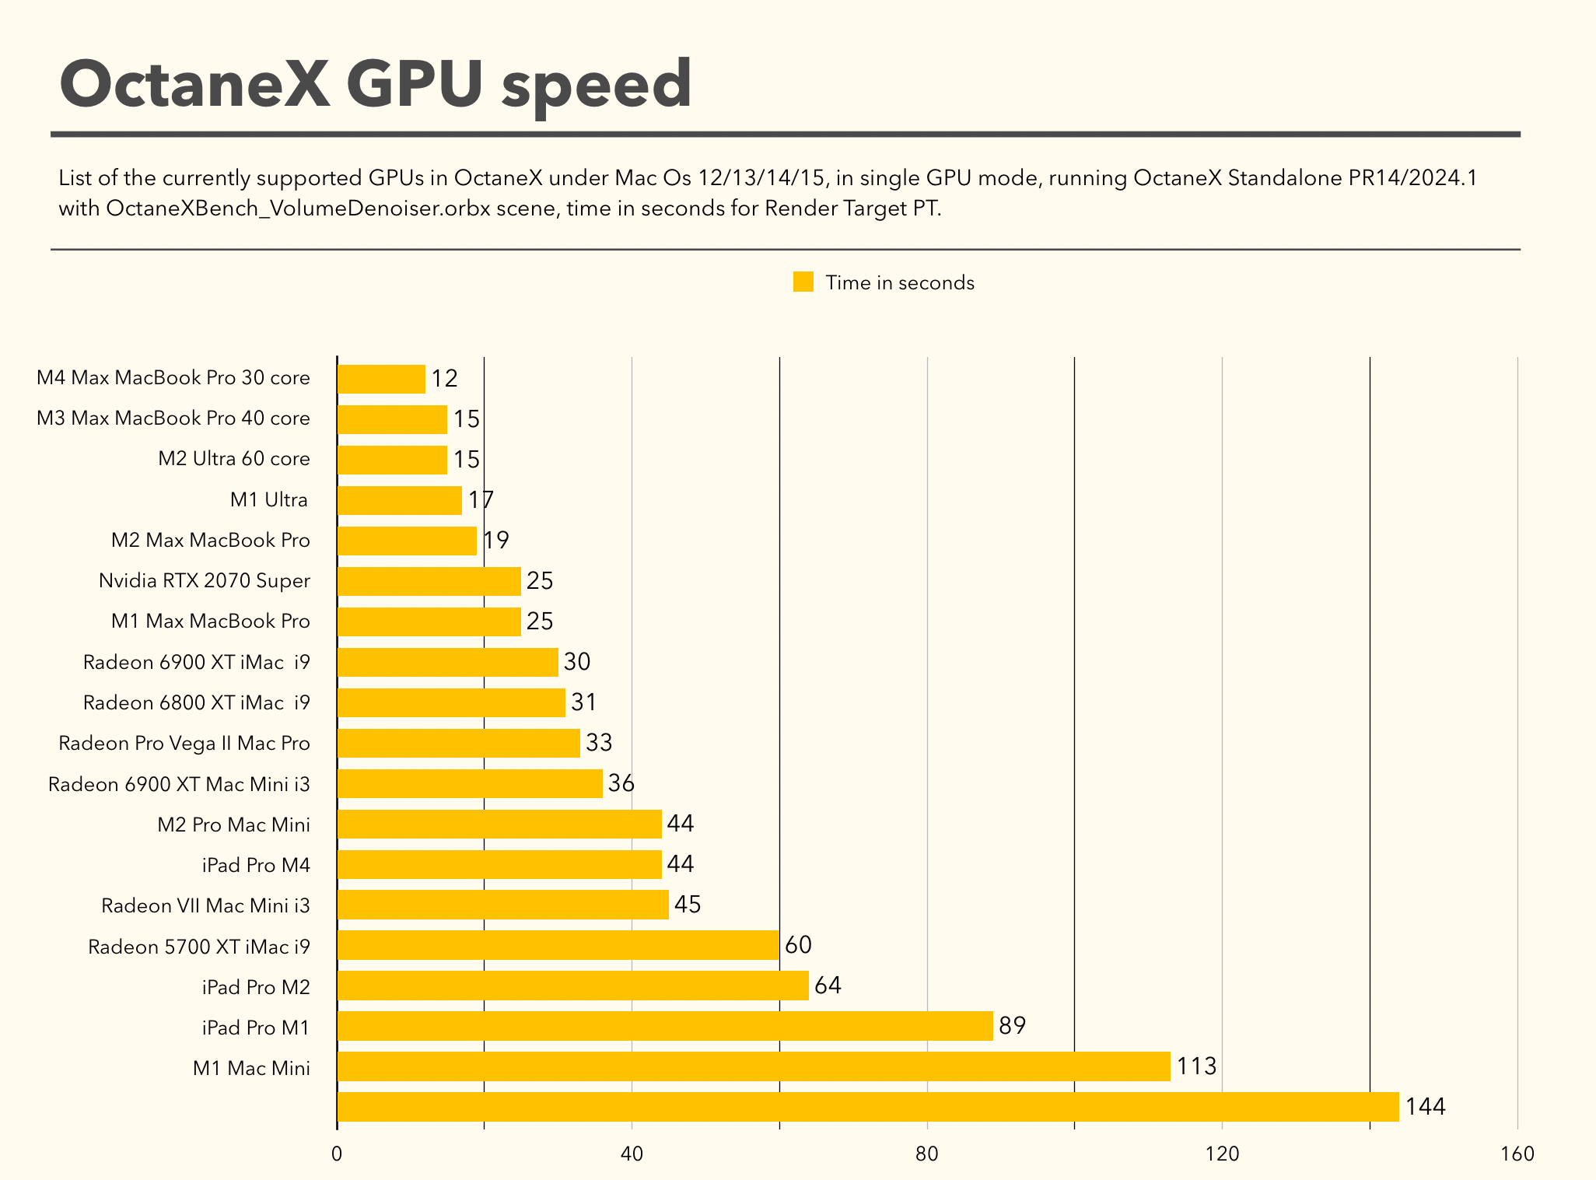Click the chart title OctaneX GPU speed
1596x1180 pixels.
click(x=376, y=84)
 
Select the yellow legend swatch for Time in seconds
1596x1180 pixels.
click(x=803, y=282)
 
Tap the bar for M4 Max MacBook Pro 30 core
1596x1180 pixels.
click(x=381, y=379)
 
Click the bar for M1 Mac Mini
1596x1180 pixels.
click(x=753, y=1066)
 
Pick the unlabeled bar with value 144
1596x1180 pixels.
click(x=867, y=1107)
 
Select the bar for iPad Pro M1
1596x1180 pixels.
click(x=665, y=1026)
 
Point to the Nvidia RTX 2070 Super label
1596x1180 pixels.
click(x=205, y=581)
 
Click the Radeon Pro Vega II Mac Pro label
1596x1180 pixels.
click(x=184, y=744)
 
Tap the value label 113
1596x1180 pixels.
click(x=1196, y=1066)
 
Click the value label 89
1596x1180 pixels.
click(x=1012, y=1026)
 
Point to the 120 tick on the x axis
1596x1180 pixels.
click(x=1222, y=1154)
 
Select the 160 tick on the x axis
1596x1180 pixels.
click(x=1517, y=1154)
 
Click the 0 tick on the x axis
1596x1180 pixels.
click(x=337, y=1154)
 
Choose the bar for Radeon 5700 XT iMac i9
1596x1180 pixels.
click(x=558, y=945)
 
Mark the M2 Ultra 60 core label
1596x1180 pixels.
click(x=234, y=459)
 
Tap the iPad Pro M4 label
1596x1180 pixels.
click(x=256, y=865)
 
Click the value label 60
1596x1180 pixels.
click(x=798, y=945)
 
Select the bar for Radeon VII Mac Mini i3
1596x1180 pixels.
click(x=502, y=905)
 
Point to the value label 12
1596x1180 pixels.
click(x=445, y=379)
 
